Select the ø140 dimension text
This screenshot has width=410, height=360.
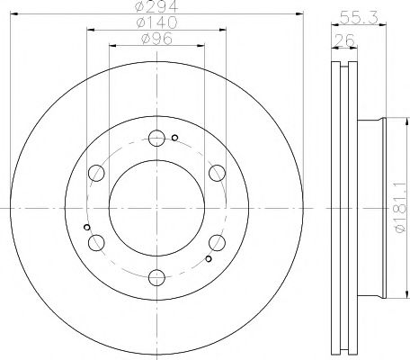click(x=154, y=22)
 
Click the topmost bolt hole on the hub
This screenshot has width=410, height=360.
click(x=155, y=139)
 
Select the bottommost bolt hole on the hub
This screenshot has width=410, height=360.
click(x=155, y=276)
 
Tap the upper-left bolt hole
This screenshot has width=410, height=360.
click(x=95, y=174)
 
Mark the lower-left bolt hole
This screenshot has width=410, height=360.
click(x=95, y=242)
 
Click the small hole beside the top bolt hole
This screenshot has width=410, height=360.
click(x=175, y=138)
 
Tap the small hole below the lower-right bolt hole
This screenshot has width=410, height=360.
click(x=208, y=260)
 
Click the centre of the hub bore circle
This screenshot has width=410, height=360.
click(x=155, y=208)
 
